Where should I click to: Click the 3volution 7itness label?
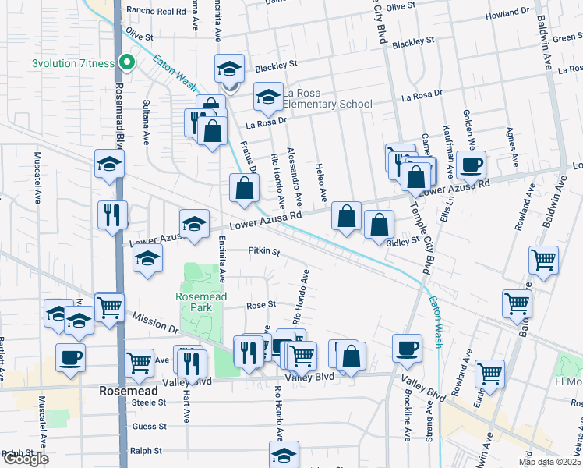click(x=73, y=63)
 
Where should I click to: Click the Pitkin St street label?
click(x=263, y=251)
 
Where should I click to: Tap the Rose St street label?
click(x=261, y=305)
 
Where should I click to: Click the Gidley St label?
click(x=404, y=243)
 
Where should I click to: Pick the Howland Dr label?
click(x=507, y=13)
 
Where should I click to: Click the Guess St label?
click(x=150, y=427)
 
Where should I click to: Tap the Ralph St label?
click(x=146, y=451)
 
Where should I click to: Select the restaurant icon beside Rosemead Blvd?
click(x=112, y=214)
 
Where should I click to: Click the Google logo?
click(x=25, y=459)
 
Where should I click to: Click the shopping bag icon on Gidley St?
click(x=379, y=226)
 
